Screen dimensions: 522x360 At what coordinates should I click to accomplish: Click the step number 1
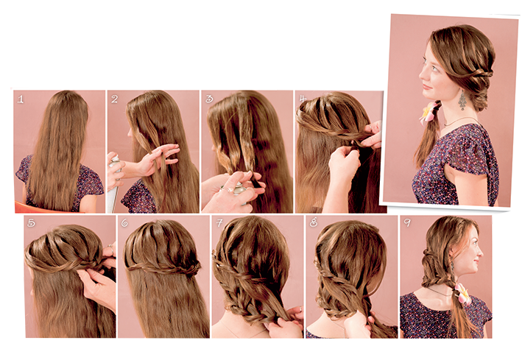21,99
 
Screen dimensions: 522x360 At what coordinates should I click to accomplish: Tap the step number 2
115,99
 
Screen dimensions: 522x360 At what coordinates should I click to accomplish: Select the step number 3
209,99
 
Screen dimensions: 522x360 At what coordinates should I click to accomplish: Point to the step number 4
303,98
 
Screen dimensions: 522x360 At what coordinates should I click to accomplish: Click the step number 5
31,222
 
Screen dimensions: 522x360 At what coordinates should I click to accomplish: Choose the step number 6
124,222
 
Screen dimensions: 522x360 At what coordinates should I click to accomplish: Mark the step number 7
219,222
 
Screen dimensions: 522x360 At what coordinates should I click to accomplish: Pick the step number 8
313,222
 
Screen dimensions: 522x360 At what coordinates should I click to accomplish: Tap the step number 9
407,222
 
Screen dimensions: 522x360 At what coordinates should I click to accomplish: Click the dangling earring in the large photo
462,101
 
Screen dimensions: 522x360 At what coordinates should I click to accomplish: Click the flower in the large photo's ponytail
429,112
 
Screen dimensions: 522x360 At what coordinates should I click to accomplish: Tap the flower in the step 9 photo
462,294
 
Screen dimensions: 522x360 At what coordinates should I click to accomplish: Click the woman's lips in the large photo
426,86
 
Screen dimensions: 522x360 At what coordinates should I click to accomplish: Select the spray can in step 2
114,183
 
